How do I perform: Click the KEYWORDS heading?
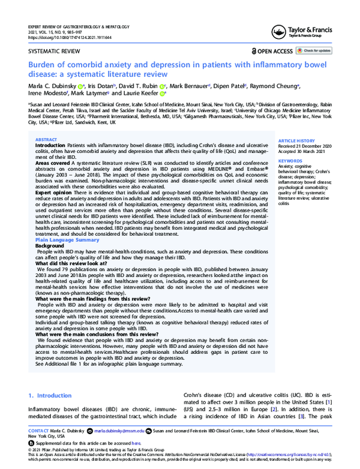290,161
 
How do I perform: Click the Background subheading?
49,246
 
